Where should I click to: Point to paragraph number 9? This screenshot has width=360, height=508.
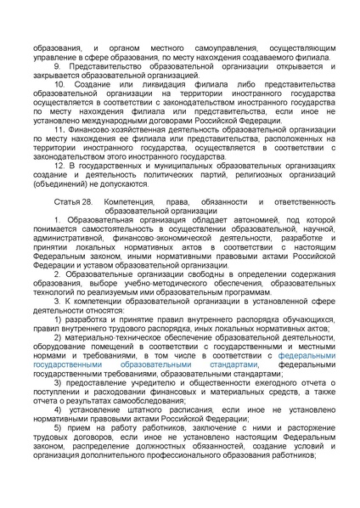57,65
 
